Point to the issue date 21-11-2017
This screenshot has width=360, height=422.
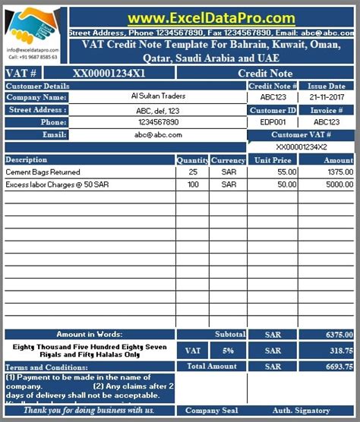(327, 97)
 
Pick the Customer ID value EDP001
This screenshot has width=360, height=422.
(273, 121)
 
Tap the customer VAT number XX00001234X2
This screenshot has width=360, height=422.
(302, 146)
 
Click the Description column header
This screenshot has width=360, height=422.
(27, 160)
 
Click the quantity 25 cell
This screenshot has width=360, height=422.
(192, 172)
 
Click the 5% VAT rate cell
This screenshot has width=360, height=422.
(229, 351)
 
